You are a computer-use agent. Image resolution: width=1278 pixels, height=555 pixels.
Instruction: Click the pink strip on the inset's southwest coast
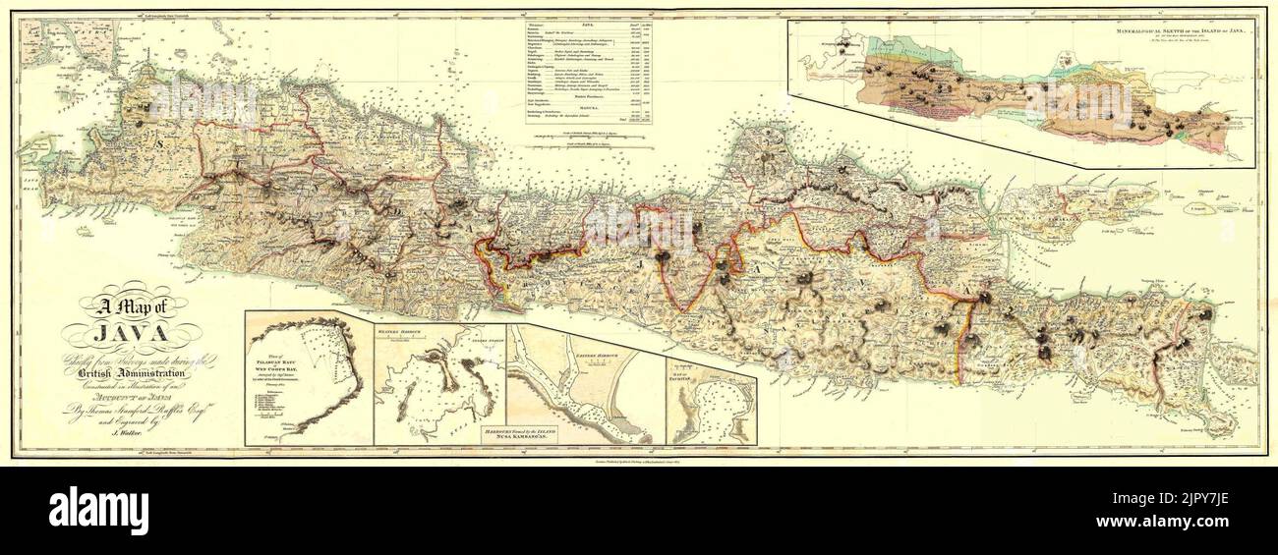pos(885,99)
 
